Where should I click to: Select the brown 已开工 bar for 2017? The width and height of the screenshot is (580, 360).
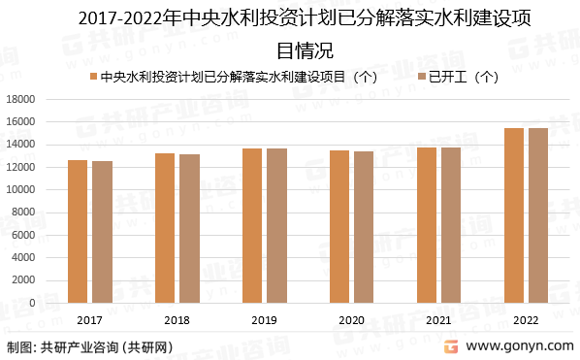tap(102, 232)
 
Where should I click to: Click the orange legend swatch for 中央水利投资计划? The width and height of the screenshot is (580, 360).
tap(92, 76)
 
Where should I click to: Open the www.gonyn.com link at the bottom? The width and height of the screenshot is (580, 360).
tap(520, 346)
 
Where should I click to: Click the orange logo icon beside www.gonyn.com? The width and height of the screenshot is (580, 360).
tap(451, 345)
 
